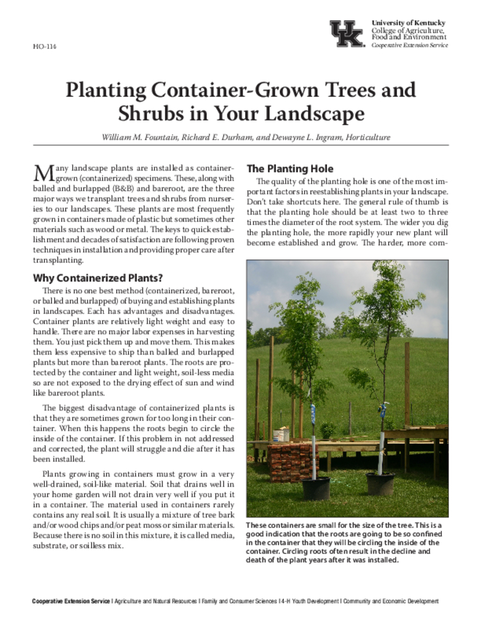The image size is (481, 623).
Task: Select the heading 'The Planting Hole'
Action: (x=289, y=169)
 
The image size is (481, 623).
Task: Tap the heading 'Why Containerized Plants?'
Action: (x=97, y=279)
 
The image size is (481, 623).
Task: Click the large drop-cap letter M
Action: (x=43, y=173)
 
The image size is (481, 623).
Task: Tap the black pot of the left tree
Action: (x=316, y=488)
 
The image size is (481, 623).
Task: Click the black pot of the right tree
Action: (x=380, y=484)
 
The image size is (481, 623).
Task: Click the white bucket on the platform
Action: (x=281, y=435)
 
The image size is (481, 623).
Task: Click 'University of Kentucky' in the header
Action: (x=409, y=23)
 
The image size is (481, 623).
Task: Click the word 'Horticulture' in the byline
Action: (x=367, y=137)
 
